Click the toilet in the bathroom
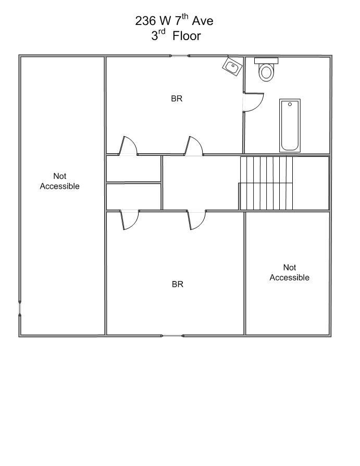click(266, 69)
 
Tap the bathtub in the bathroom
click(290, 126)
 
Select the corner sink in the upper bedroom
click(232, 67)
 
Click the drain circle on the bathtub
click(290, 104)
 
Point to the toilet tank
click(266, 60)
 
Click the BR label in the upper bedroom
click(177, 99)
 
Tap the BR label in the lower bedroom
click(178, 285)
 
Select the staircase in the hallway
click(266, 183)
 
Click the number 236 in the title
click(145, 21)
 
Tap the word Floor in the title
click(187, 36)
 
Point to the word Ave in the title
click(203, 21)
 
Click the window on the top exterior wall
click(180, 56)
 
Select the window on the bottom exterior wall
click(172, 336)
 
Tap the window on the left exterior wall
click(20, 308)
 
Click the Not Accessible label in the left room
click(60, 181)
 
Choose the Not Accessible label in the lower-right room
click(290, 272)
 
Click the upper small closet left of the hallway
click(134, 168)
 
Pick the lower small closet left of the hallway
click(134, 197)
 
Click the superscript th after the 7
click(185, 17)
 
